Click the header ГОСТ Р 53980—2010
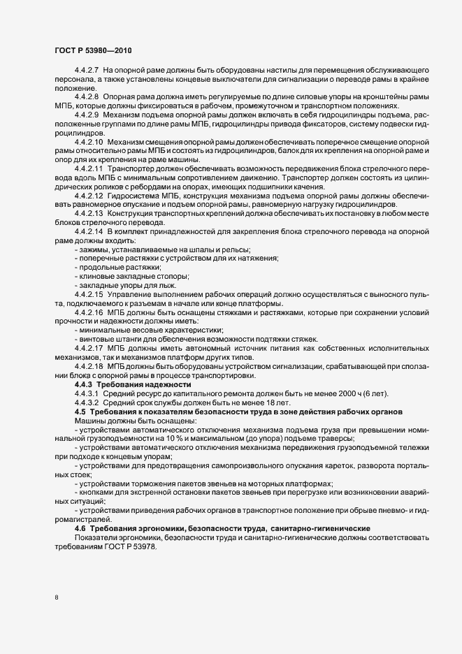pos(92,50)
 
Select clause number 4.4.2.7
pos(87,71)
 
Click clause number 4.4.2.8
pos(87,95)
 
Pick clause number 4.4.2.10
pos(89,141)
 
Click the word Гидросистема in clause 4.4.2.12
pos(133,195)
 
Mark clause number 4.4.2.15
pos(89,296)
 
